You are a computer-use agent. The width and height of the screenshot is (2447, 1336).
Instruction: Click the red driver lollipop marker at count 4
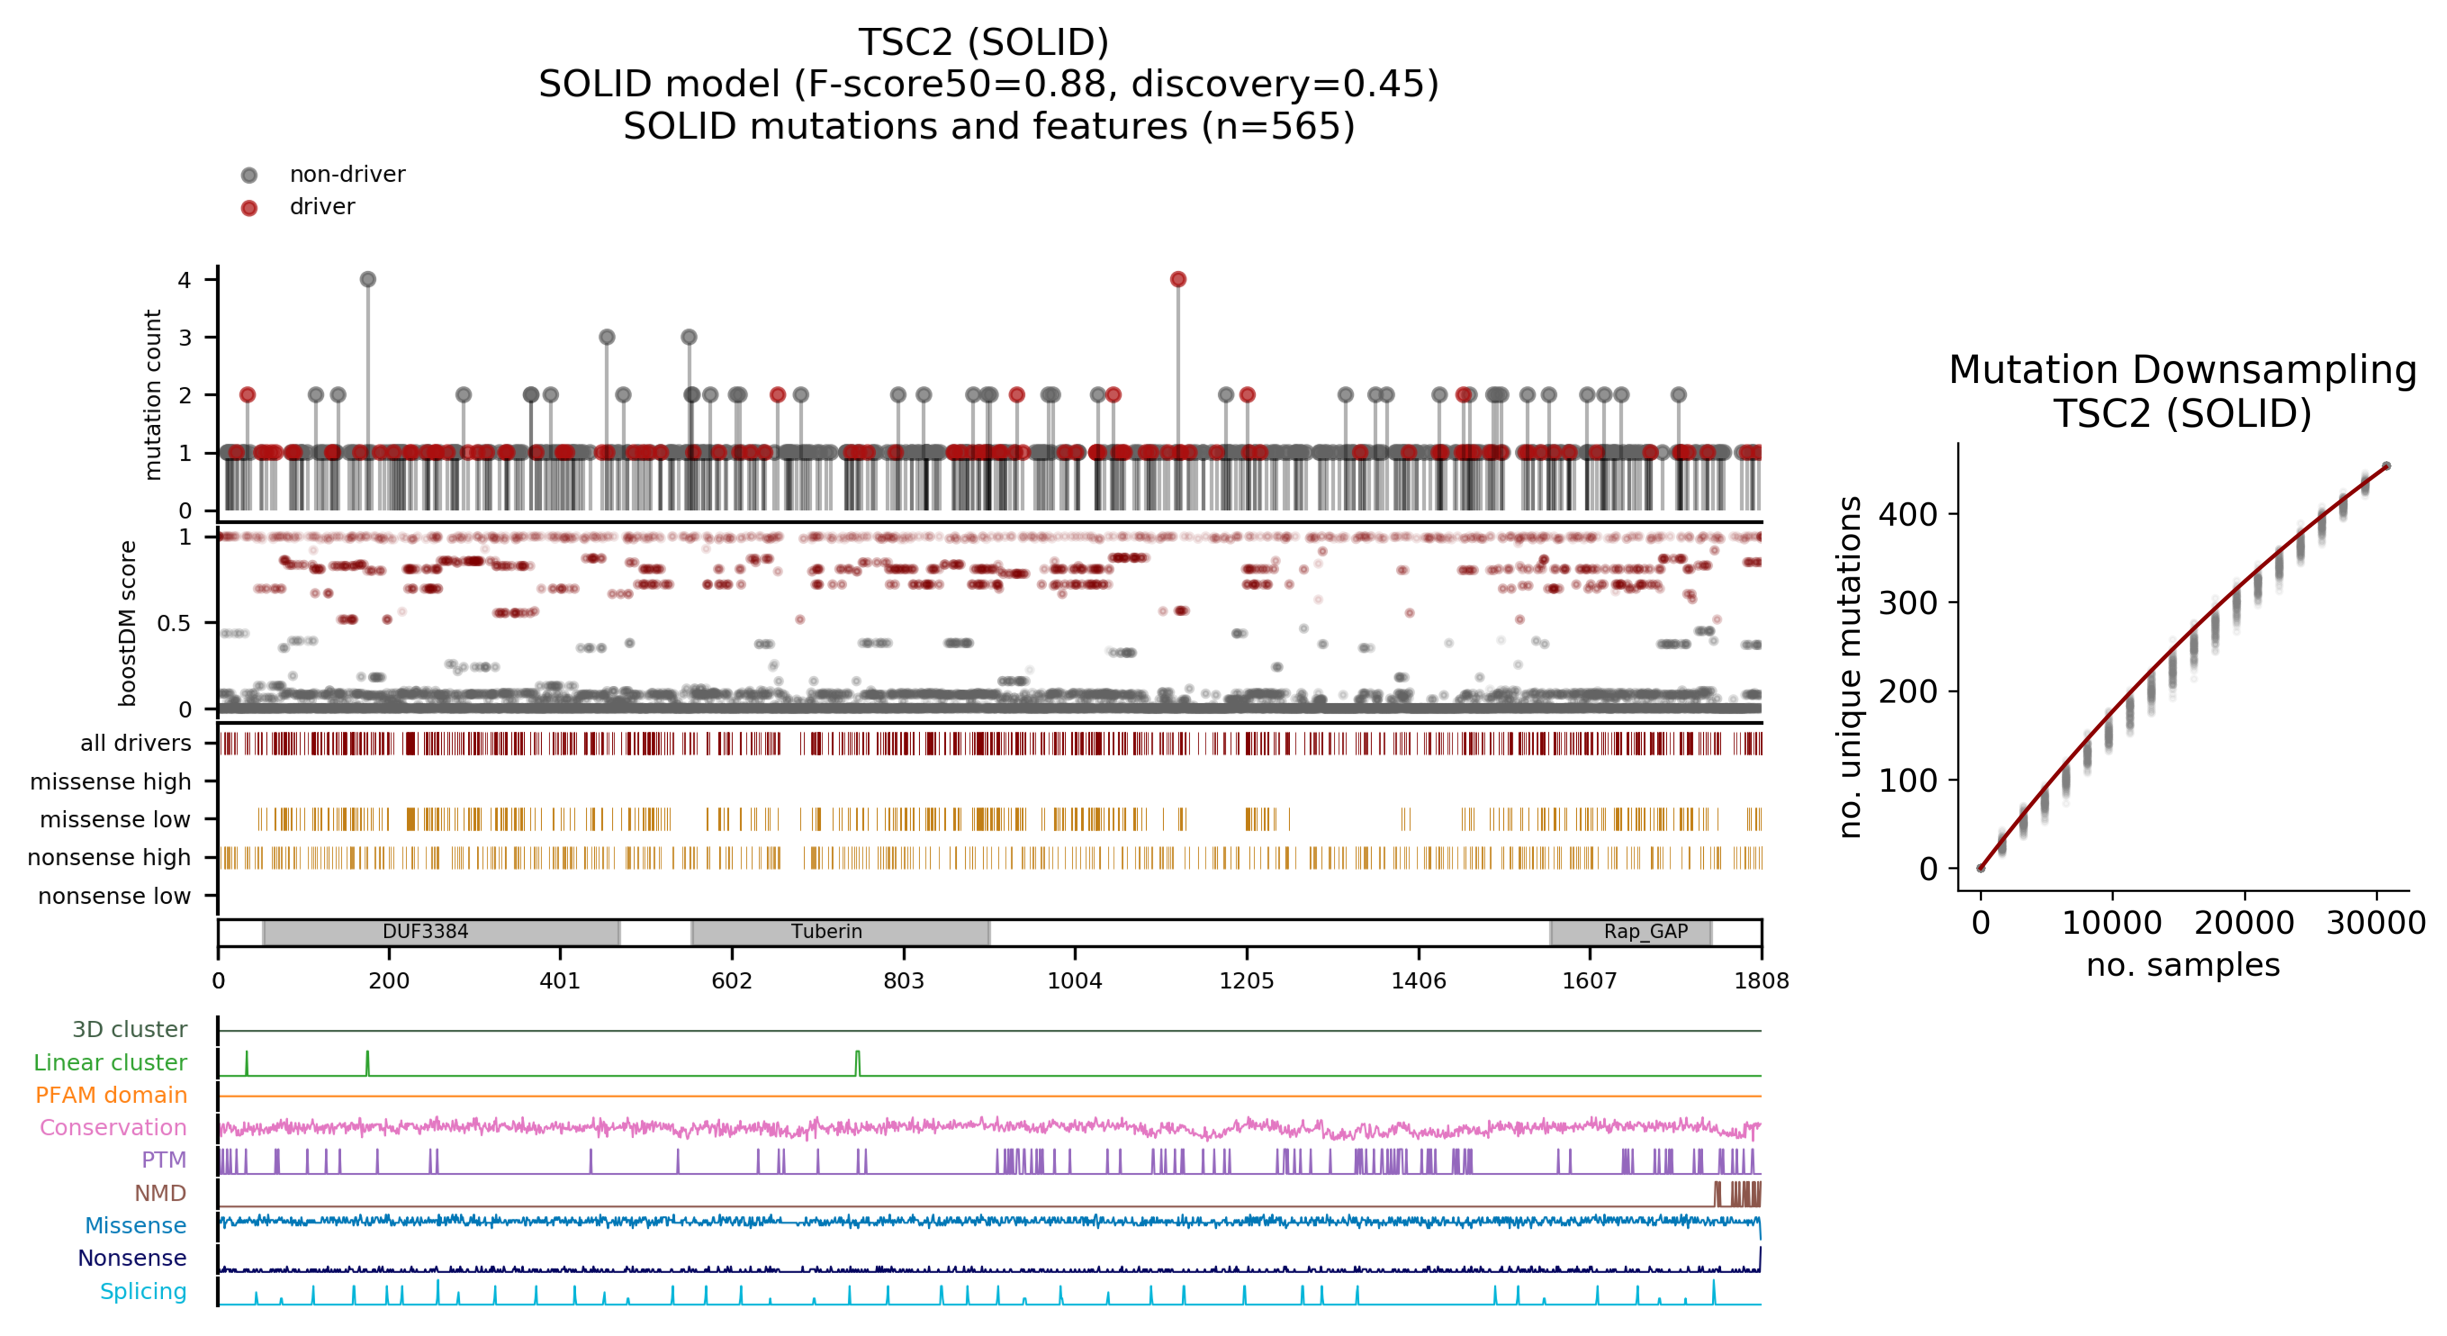click(1178, 279)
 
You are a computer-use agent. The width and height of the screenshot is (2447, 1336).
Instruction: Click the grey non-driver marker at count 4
click(368, 279)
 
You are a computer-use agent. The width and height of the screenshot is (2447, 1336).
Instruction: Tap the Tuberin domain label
click(827, 932)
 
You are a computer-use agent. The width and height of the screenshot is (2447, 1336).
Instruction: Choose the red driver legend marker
click(249, 208)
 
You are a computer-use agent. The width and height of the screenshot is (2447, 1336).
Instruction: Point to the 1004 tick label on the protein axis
click(1074, 981)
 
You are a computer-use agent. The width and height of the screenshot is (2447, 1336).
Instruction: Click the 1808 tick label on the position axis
click(1761, 981)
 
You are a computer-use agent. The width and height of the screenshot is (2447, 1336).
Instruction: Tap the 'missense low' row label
click(115, 819)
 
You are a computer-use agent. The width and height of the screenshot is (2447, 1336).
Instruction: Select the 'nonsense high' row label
click(109, 857)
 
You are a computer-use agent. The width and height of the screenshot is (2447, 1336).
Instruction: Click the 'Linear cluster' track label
click(110, 1062)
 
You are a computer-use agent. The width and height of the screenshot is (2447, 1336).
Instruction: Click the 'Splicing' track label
click(144, 1291)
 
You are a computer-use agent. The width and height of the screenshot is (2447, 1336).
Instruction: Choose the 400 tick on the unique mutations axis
click(1907, 514)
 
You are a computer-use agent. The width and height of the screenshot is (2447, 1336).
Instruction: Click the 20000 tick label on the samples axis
click(2244, 923)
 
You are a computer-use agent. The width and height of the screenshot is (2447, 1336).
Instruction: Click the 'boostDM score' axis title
click(127, 623)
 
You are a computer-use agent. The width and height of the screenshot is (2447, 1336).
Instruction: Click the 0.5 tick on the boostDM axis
click(174, 623)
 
